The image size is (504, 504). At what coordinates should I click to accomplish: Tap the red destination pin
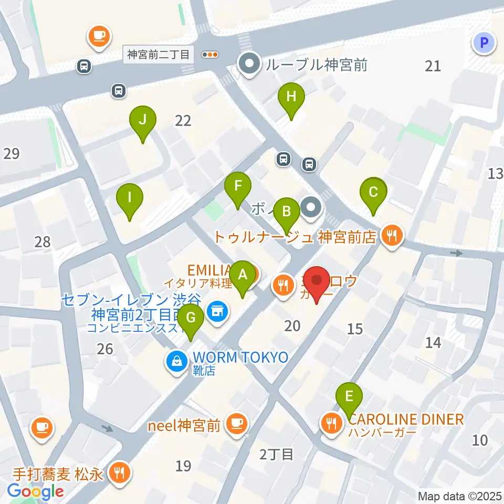(x=317, y=283)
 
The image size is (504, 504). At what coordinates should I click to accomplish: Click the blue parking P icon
(x=484, y=43)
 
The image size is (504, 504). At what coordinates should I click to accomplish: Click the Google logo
(x=36, y=491)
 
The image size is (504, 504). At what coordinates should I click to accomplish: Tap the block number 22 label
(x=183, y=121)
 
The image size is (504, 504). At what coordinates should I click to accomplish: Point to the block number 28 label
(x=43, y=242)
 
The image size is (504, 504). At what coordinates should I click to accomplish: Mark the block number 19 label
(x=183, y=465)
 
